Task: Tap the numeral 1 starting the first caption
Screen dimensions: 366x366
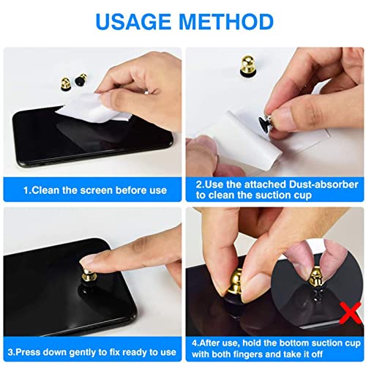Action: pyautogui.click(x=26, y=190)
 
